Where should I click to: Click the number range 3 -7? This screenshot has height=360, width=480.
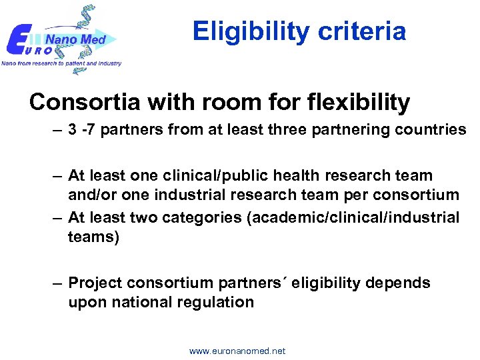83,129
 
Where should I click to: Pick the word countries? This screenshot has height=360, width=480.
429,129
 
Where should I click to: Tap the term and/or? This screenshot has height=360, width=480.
89,195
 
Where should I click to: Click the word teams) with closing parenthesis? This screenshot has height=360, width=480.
93,236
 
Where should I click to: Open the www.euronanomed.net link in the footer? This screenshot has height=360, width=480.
237,351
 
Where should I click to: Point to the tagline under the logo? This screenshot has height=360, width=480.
61,63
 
